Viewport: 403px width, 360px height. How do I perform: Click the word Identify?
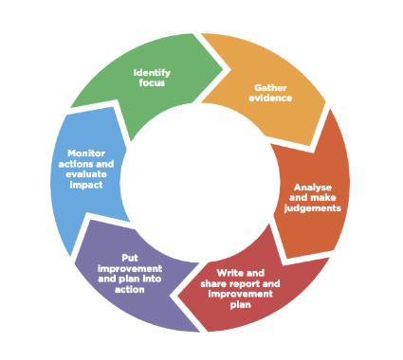(x=151, y=72)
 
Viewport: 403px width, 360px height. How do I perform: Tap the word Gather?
(x=270, y=88)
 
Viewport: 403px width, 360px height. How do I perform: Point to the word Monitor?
(x=86, y=153)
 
